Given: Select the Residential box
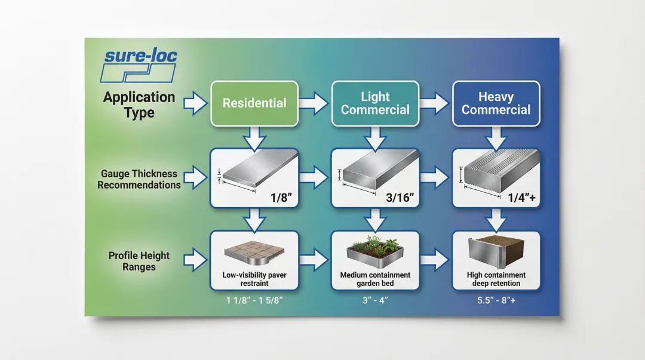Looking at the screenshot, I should (x=254, y=103).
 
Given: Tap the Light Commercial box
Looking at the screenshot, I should (x=375, y=103).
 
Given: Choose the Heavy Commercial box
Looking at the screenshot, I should (x=496, y=103).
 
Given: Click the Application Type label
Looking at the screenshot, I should (x=139, y=104).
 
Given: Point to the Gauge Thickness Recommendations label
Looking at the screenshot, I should (x=139, y=179).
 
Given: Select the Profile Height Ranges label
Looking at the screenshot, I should (x=139, y=261).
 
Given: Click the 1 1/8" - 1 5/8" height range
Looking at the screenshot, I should (x=254, y=300).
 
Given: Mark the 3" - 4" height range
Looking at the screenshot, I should (x=375, y=300).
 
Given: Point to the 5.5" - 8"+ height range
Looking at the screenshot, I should (x=496, y=300).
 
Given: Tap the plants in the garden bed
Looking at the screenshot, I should (x=375, y=245).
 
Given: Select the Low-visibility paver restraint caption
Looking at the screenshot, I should (x=254, y=279).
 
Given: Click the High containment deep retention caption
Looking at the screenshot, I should (x=496, y=279).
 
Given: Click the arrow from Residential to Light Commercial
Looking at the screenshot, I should (x=314, y=104).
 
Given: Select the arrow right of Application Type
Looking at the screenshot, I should (x=194, y=104).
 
